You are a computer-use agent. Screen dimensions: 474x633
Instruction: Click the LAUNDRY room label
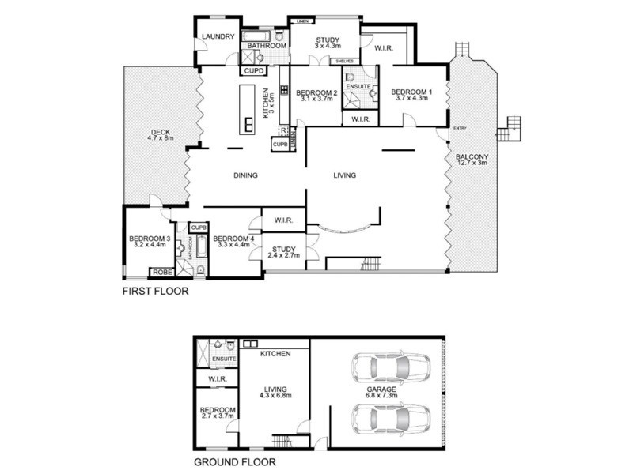click(218, 36)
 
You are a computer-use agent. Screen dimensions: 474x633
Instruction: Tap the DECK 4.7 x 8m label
click(159, 135)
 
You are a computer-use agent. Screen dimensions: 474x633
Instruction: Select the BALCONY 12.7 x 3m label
click(472, 161)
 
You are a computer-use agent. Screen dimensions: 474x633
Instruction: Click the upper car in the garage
click(392, 367)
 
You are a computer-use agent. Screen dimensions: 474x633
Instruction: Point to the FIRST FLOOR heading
click(155, 291)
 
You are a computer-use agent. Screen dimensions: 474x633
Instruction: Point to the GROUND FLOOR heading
click(234, 463)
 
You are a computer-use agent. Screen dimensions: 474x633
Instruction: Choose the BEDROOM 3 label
click(150, 243)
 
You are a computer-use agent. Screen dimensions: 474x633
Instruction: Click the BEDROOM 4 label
click(232, 243)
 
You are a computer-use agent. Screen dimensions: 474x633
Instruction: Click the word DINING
click(246, 175)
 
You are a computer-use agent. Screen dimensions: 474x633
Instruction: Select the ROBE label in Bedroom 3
click(161, 272)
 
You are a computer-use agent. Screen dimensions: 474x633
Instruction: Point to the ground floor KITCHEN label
click(274, 353)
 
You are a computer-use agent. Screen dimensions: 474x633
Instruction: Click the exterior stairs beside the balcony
click(512, 127)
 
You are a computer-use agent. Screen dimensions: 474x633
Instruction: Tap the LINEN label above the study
click(301, 21)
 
